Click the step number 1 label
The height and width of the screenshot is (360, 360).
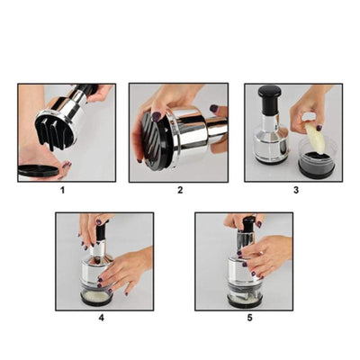pyautogui.click(x=63, y=190)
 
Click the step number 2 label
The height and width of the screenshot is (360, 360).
pyautogui.click(x=180, y=190)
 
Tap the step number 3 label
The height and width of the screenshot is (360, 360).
pyautogui.click(x=296, y=190)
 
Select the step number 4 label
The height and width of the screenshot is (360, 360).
pyautogui.click(x=102, y=318)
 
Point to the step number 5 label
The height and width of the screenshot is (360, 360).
pyautogui.click(x=250, y=318)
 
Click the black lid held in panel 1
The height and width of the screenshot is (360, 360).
pyautogui.click(x=38, y=170)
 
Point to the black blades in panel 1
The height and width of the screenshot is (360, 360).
pyautogui.click(x=54, y=132)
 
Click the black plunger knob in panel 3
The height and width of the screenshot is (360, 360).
pyautogui.click(x=269, y=96)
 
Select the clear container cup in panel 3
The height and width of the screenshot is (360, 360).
pyautogui.click(x=316, y=161)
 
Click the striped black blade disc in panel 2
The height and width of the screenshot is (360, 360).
pyautogui.click(x=154, y=141)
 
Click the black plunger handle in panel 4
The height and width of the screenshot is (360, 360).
pyautogui.click(x=101, y=231)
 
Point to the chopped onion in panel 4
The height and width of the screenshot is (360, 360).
pyautogui.click(x=95, y=296)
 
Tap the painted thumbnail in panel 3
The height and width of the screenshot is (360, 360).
pyautogui.click(x=319, y=128)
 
